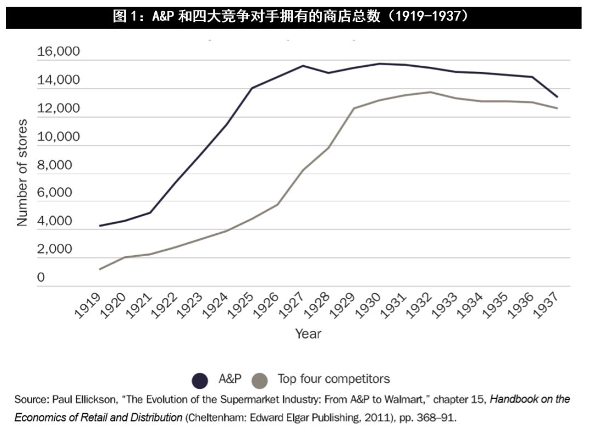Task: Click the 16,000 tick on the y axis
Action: [58, 52]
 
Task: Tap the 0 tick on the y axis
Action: [40, 278]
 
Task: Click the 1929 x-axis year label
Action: [344, 306]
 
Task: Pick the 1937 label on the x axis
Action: [547, 306]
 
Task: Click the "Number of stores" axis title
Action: [22, 172]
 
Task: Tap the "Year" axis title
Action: [308, 333]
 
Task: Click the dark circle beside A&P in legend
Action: [200, 379]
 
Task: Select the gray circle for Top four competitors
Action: [260, 379]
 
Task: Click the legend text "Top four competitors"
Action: [333, 378]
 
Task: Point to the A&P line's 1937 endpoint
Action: [557, 97]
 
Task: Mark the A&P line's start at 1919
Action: [100, 226]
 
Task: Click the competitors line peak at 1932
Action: [430, 92]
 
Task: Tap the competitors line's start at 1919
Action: [100, 269]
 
